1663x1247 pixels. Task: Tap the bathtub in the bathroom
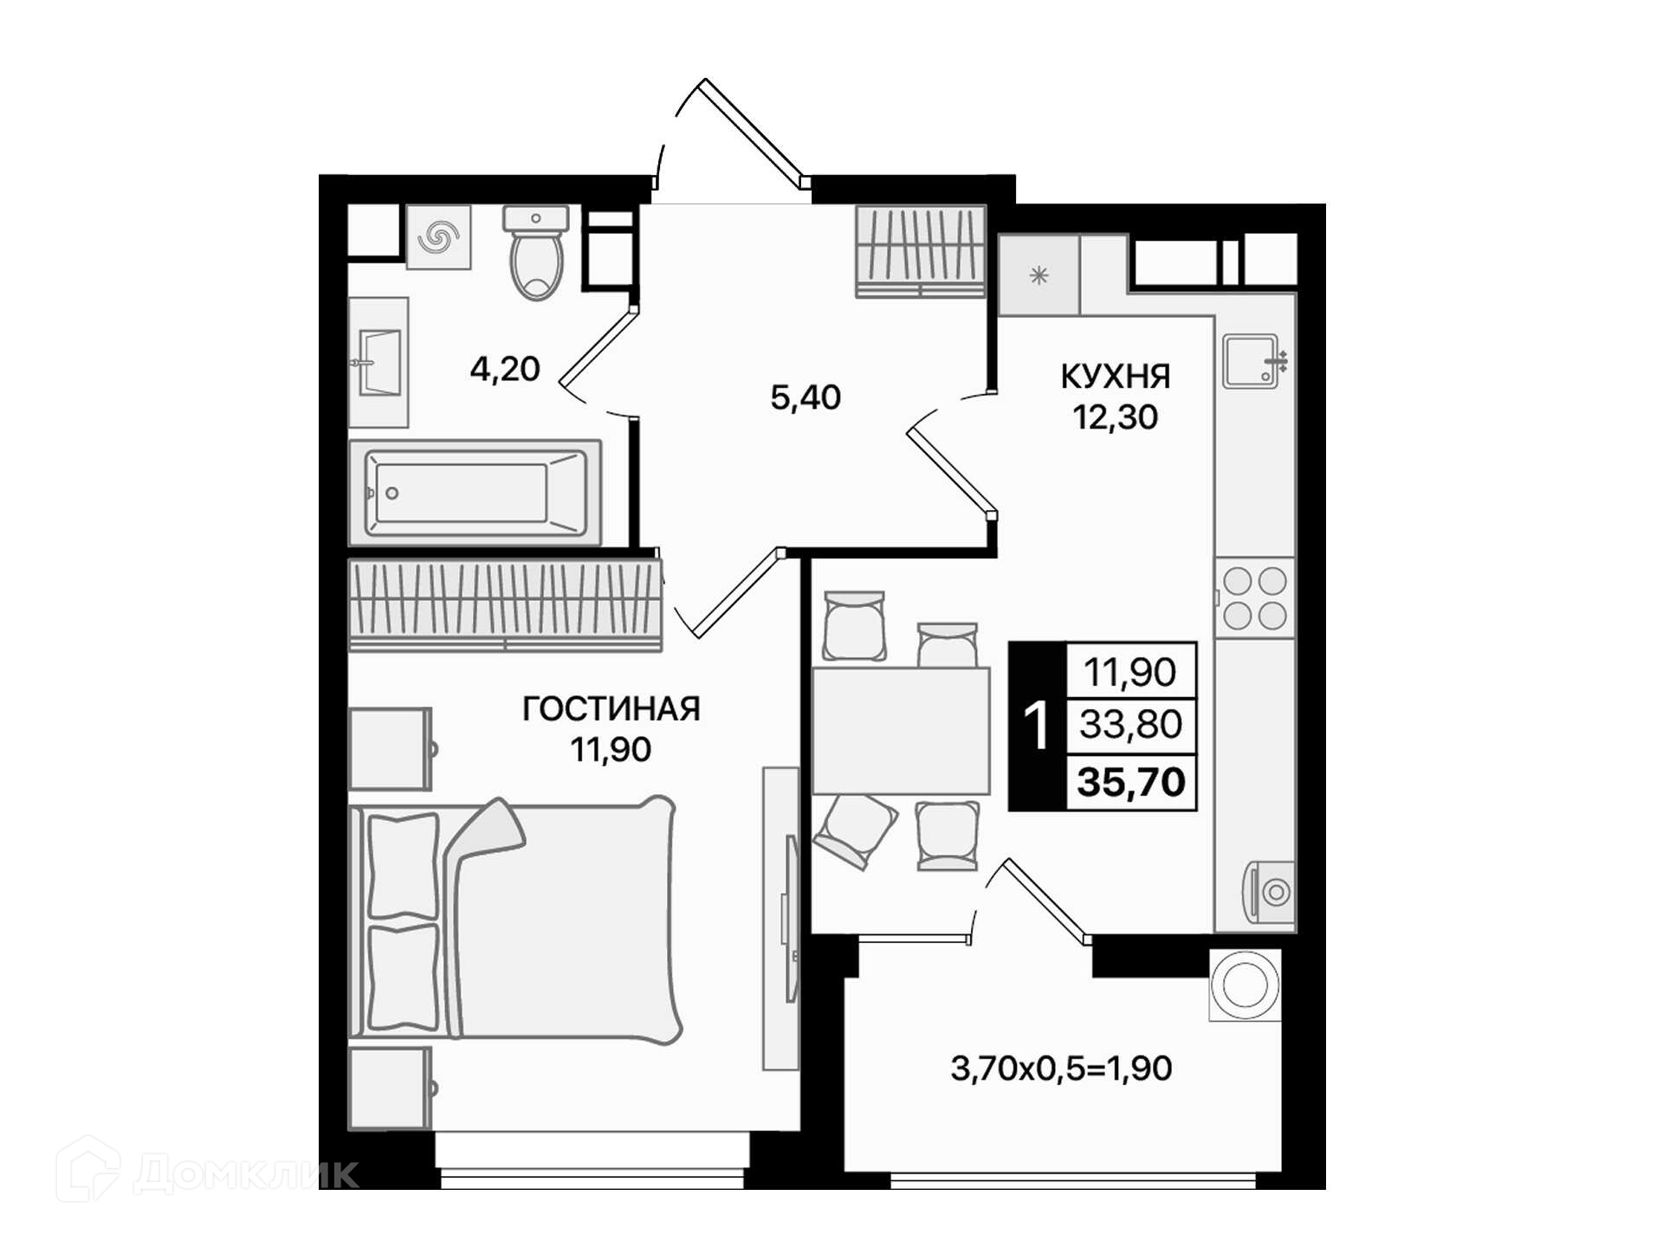(476, 492)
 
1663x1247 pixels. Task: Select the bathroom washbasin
(379, 362)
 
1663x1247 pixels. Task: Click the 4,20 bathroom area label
(505, 369)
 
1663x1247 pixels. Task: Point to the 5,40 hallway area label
(806, 397)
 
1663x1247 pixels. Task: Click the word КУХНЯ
(1116, 377)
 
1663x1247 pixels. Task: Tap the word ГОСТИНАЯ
(611, 709)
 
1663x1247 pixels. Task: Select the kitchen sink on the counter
(1252, 360)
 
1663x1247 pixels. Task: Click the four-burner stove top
(1254, 598)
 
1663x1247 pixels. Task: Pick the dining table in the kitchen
(901, 731)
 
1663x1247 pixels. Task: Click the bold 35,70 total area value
(1131, 782)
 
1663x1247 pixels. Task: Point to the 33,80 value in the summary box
(1130, 724)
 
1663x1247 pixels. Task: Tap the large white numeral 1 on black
(1036, 727)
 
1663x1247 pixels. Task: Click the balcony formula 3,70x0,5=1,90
(1061, 1069)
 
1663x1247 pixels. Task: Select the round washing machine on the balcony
(1245, 985)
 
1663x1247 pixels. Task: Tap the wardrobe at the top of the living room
(505, 604)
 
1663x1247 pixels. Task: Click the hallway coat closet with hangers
(921, 251)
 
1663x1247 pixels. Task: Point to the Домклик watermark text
(246, 1174)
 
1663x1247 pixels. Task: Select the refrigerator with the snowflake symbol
(1039, 275)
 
